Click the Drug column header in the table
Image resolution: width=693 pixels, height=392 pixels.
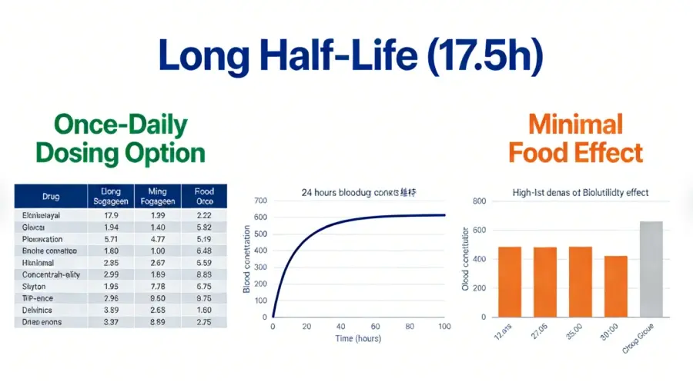tap(52, 195)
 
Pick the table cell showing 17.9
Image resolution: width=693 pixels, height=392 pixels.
tap(110, 215)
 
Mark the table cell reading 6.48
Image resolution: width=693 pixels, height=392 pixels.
tap(203, 251)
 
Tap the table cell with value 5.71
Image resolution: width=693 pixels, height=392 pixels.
tap(110, 238)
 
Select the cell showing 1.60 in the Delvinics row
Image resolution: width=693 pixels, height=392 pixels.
tap(203, 310)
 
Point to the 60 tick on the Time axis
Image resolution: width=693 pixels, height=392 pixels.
tap(376, 326)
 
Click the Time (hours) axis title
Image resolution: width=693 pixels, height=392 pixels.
tap(359, 339)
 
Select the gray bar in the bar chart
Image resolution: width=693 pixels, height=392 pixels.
tap(651, 269)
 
